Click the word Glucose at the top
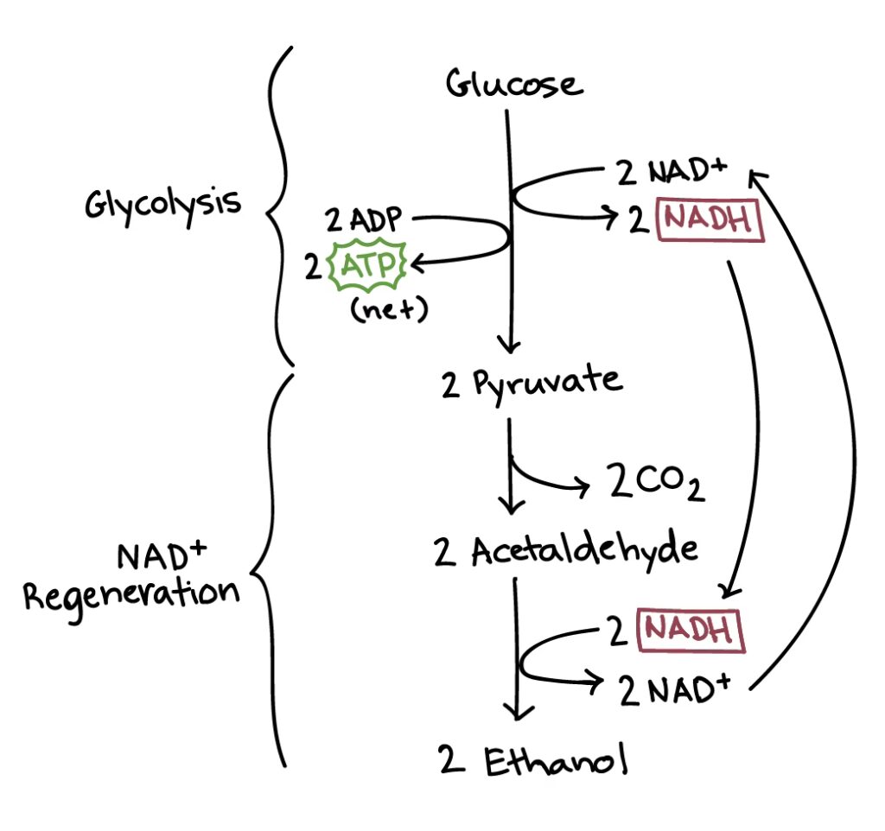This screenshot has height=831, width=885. click(x=514, y=85)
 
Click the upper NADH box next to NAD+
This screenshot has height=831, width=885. click(x=711, y=221)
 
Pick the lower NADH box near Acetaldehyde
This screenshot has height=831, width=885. click(x=690, y=629)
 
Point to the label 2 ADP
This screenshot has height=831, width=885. click(x=364, y=220)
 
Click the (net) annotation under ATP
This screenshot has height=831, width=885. click(x=389, y=310)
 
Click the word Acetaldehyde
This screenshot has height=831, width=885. click(x=585, y=551)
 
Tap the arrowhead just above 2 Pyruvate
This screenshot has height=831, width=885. click(x=512, y=343)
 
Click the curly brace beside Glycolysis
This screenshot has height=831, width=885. click(x=278, y=207)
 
